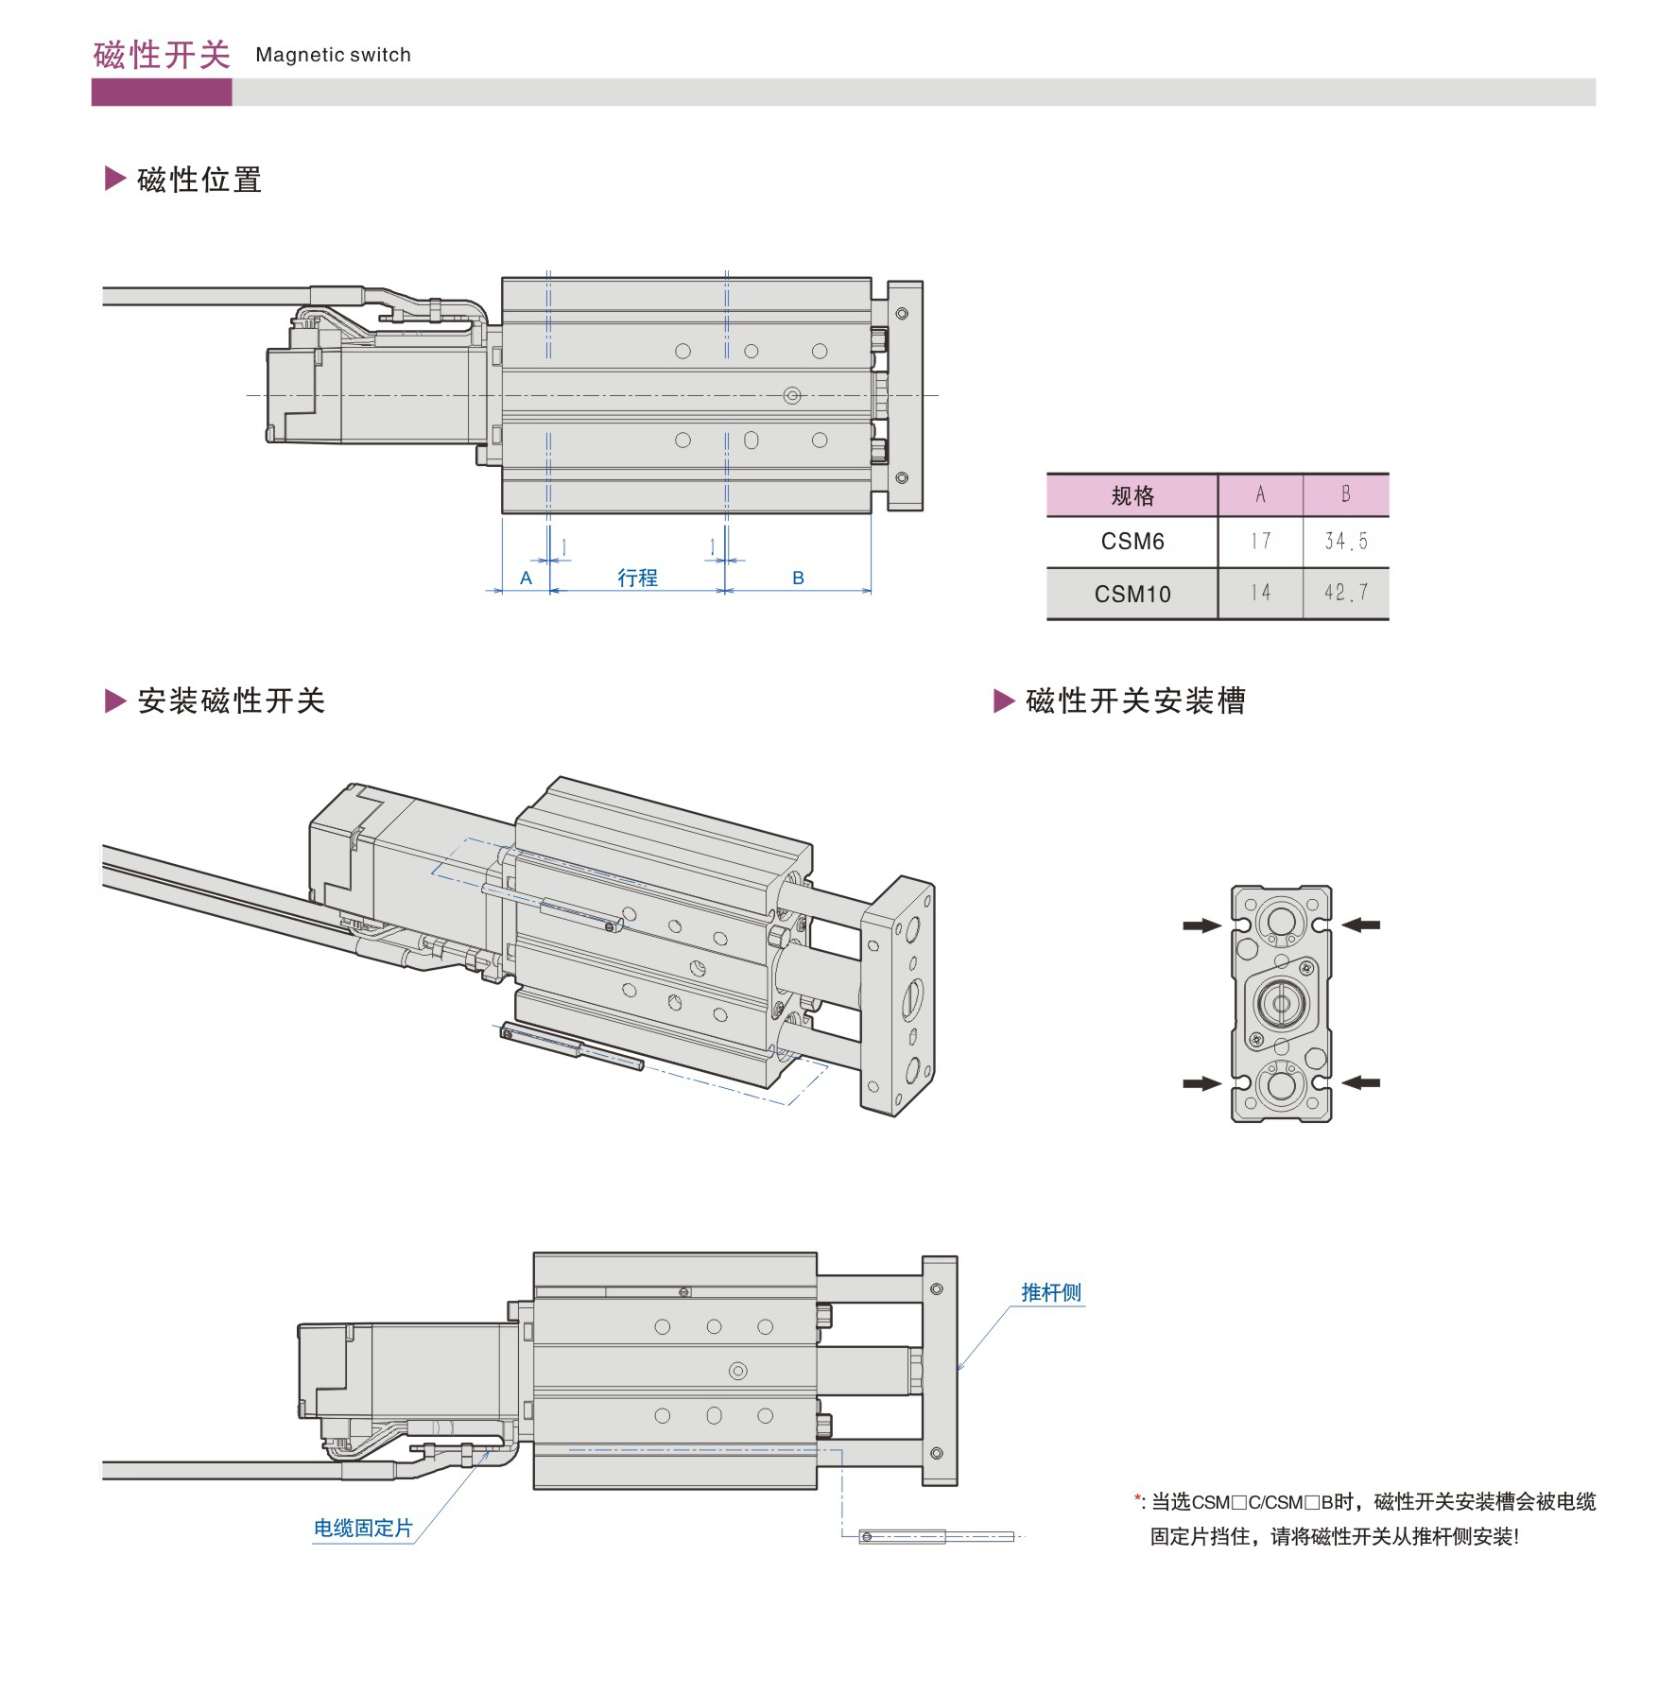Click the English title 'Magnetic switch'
coord(333,55)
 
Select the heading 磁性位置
coord(199,180)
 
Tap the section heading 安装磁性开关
coord(231,700)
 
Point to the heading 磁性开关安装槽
coord(1135,700)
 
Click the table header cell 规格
coord(1132,495)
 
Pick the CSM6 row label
coord(1132,542)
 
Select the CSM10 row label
coord(1132,594)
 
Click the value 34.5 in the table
coord(1345,542)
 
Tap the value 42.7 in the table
coord(1345,594)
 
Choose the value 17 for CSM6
coord(1260,542)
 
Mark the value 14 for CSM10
coord(1260,594)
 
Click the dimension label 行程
coord(637,578)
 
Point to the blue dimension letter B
coord(798,578)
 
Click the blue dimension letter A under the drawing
coord(527,578)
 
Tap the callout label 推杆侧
coord(1050,1292)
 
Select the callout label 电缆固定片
coord(363,1528)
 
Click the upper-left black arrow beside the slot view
coord(1201,925)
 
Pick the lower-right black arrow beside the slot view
coord(1361,1082)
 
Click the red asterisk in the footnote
coord(1138,1499)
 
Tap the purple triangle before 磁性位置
coord(114,179)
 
